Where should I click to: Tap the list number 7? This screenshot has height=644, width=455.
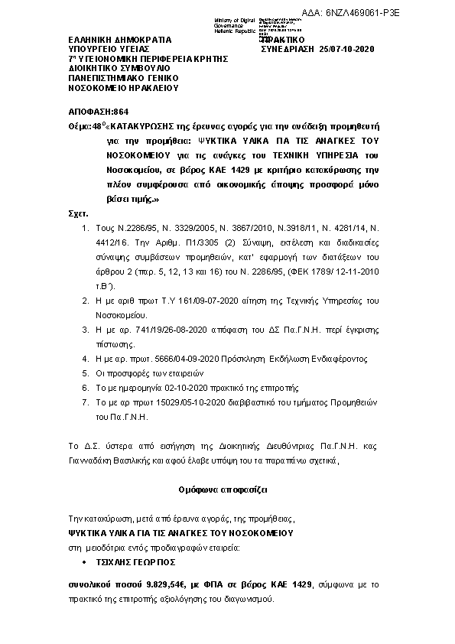point(85,403)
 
